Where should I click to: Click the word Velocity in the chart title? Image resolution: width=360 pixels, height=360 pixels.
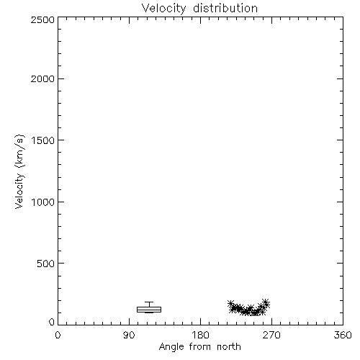pos(163,9)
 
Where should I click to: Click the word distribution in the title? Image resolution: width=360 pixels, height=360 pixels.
pos(225,8)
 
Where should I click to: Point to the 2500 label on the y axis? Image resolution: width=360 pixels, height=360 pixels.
pos(42,19)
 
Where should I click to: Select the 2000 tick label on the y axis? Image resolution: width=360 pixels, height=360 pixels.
pos(42,78)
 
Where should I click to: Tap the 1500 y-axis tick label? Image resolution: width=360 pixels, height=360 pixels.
pos(43,140)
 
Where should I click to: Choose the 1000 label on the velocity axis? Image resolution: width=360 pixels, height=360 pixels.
pos(43,202)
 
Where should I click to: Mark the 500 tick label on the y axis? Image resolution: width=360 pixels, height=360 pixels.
pos(46,264)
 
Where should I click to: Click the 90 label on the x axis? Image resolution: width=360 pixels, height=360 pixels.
pos(129,335)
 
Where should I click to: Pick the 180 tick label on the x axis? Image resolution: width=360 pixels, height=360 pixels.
pos(200,335)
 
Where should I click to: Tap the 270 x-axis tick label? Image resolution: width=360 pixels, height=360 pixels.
pos(271,335)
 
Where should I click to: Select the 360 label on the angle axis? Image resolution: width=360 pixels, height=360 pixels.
pos(343,335)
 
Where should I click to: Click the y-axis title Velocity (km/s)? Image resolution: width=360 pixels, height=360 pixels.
pos(19,171)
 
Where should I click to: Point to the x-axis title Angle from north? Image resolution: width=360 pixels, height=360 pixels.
pos(200,347)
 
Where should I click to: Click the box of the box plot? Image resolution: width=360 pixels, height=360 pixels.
pos(149,310)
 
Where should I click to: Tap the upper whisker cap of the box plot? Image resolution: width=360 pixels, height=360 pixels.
pos(149,302)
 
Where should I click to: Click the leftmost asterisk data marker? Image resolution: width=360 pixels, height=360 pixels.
pos(231,304)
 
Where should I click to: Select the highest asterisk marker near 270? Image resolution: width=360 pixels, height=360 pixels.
pos(265,302)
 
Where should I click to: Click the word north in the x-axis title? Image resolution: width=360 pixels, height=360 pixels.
pos(229,346)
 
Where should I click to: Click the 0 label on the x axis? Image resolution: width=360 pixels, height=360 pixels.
pos(58,335)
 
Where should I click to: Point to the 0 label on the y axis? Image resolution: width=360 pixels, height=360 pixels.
pos(52,322)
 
